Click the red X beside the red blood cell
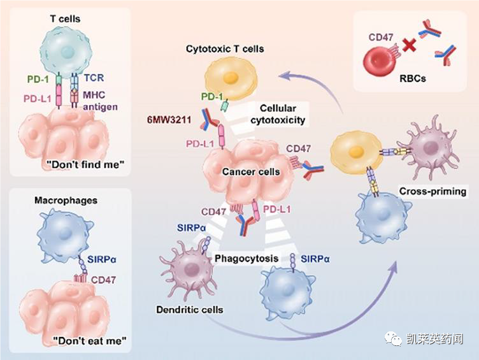click(x=409, y=45)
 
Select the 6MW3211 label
click(x=169, y=119)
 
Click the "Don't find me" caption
click(x=86, y=164)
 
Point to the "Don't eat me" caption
click(x=90, y=340)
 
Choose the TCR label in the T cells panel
click(x=94, y=78)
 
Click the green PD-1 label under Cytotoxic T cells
click(x=212, y=97)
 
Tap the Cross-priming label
click(x=433, y=191)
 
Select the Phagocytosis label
click(x=247, y=258)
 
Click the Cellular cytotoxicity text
click(x=278, y=114)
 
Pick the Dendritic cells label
click(x=190, y=310)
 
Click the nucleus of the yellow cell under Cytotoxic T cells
click(x=231, y=78)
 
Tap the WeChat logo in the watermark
click(x=394, y=338)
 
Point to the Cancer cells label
click(x=251, y=172)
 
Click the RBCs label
click(x=412, y=78)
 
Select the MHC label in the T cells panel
click(x=94, y=94)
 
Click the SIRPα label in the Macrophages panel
click(x=101, y=259)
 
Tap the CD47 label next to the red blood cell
click(x=381, y=37)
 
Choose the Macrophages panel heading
click(x=66, y=201)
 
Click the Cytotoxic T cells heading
click(x=225, y=49)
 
